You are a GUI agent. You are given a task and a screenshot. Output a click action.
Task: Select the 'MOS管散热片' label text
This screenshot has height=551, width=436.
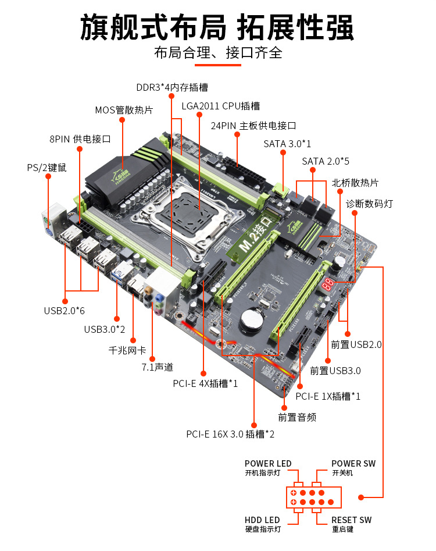tap(124, 110)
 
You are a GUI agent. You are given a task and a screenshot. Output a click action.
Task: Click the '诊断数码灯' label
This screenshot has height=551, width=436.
tap(370, 204)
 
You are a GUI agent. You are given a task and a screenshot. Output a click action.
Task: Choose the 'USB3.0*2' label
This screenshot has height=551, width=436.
tap(105, 329)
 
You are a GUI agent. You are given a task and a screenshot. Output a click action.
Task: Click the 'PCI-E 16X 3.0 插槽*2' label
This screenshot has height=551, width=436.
tap(230, 433)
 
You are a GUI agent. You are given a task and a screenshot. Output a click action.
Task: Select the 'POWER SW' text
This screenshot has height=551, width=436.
tap(353, 464)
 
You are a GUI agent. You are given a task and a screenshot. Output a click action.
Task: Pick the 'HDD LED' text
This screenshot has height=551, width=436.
tap(262, 520)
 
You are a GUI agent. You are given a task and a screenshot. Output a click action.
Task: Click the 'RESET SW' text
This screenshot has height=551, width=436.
tap(351, 520)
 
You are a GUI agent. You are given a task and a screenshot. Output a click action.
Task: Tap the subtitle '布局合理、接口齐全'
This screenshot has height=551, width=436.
tap(218, 53)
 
